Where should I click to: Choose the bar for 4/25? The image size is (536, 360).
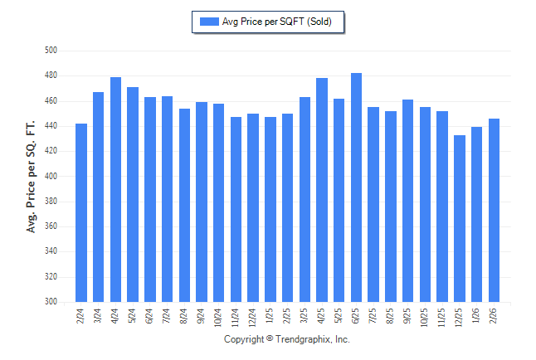pyautogui.click(x=322, y=190)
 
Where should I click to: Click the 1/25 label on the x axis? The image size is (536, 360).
pyautogui.click(x=270, y=316)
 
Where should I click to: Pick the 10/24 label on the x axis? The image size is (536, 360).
pyautogui.click(x=219, y=318)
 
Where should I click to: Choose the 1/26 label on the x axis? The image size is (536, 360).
pyautogui.click(x=477, y=316)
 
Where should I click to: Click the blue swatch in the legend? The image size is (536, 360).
pyautogui.click(x=208, y=22)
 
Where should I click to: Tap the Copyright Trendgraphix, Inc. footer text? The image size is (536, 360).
pyautogui.click(x=287, y=339)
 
